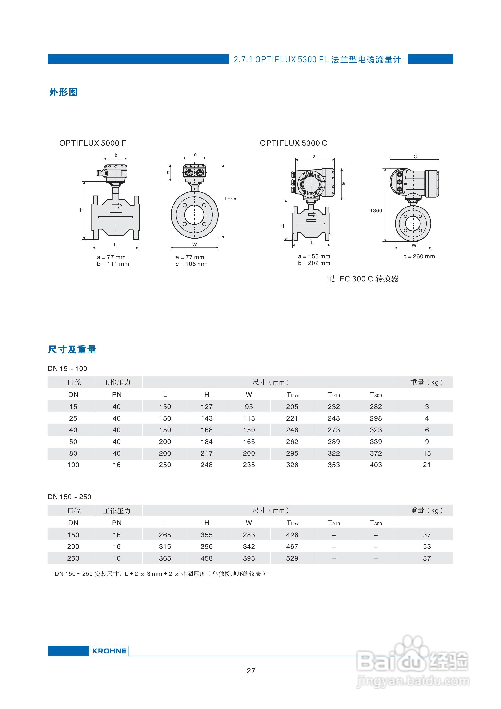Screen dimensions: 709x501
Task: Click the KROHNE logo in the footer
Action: (x=109, y=651)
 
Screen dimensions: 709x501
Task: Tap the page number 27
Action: (x=251, y=670)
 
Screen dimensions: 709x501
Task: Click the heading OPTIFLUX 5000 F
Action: (x=92, y=143)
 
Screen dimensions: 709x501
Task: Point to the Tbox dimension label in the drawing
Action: (x=230, y=199)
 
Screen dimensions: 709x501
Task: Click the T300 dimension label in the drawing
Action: (x=376, y=211)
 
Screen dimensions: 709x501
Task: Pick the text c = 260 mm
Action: (x=419, y=256)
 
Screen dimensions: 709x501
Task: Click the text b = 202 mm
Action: (x=314, y=263)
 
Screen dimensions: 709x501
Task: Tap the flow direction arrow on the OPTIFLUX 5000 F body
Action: (x=117, y=206)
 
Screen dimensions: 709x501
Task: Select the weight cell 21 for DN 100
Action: (x=426, y=465)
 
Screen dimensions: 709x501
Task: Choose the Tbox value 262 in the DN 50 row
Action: (x=292, y=442)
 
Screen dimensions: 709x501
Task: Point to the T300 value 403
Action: (x=376, y=465)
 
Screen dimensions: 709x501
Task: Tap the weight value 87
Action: (x=426, y=558)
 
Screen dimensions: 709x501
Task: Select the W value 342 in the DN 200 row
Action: (x=249, y=546)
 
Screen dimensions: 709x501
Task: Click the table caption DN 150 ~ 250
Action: (x=69, y=497)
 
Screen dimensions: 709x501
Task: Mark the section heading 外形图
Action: (x=63, y=92)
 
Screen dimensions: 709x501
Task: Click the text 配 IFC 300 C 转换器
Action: (x=363, y=279)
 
